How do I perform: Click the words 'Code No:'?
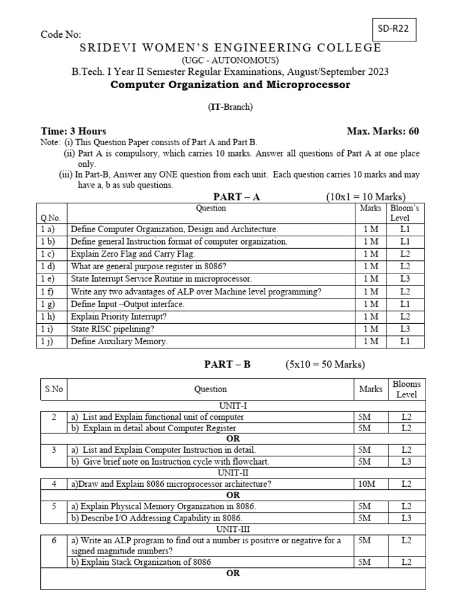coord(61,35)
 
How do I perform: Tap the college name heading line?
coord(230,48)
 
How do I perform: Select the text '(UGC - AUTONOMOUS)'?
coord(230,61)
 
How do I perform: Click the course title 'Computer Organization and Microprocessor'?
coord(230,85)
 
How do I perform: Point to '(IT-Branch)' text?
coord(230,107)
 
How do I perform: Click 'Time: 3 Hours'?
coord(73,131)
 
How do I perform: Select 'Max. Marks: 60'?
coord(383,131)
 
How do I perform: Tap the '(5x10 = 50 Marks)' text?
coord(325,364)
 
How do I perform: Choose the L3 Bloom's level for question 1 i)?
coord(405,329)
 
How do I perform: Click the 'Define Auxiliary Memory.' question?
coord(119,341)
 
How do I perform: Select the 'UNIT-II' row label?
coord(233,473)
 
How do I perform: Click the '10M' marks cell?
coord(366,484)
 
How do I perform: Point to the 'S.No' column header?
coord(53,389)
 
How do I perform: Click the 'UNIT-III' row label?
coord(233,529)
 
